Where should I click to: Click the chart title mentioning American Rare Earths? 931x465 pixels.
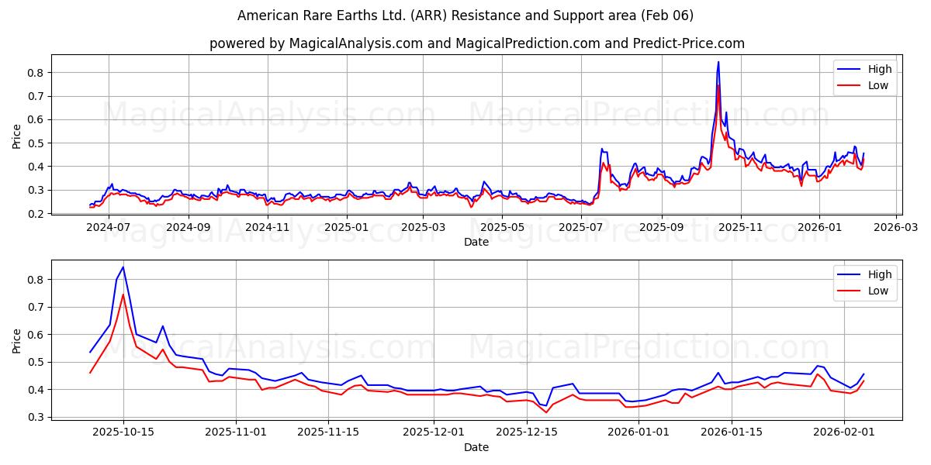tap(465, 15)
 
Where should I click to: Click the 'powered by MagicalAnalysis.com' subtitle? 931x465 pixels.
tap(476, 43)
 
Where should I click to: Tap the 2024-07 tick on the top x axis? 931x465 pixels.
tap(108, 227)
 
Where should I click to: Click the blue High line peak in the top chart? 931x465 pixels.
tap(718, 62)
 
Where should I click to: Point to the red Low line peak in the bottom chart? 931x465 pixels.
tap(123, 294)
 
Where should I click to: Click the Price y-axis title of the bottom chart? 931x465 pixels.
tap(17, 340)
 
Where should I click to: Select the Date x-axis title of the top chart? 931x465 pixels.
tap(476, 242)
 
